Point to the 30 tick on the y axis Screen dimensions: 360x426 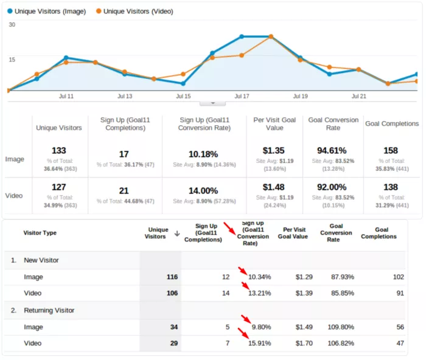coord(12,25)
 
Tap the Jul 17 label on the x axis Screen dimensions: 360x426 coord(242,96)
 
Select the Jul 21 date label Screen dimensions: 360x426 coord(359,96)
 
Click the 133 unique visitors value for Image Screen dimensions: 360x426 coord(59,151)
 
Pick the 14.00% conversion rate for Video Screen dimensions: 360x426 coord(204,190)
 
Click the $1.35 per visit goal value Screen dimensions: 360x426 coord(274,151)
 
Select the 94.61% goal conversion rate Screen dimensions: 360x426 coord(332,151)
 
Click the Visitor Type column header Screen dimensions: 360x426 coord(40,233)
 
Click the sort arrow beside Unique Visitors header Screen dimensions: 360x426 coord(177,233)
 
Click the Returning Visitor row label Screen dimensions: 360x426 coord(49,310)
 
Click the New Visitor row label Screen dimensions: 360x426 coord(41,260)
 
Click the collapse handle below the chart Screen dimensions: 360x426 coord(212,103)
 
